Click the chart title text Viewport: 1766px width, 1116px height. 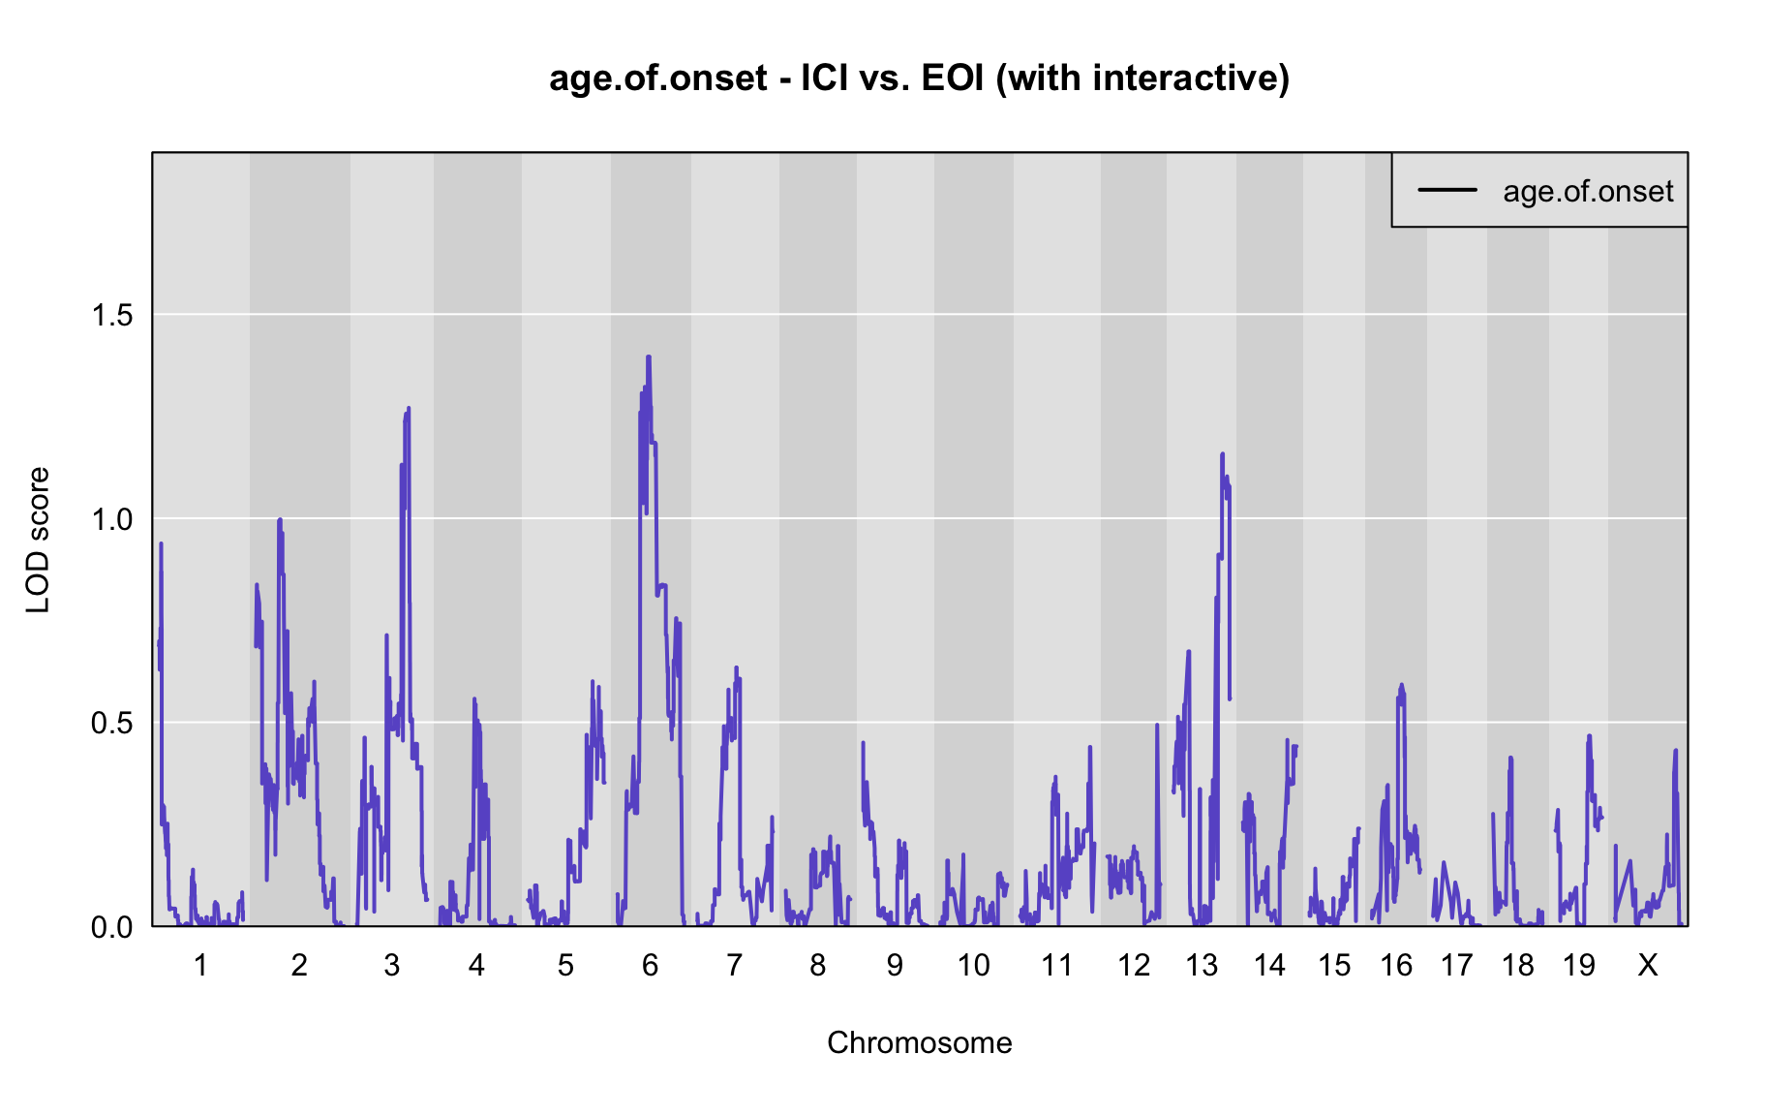coord(919,77)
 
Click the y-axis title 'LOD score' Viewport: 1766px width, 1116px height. coord(38,540)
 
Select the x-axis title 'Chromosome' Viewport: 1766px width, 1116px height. coord(919,1042)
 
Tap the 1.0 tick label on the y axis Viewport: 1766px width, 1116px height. coord(111,519)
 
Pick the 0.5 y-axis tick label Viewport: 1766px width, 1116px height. coord(111,723)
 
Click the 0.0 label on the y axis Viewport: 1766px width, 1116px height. coord(111,927)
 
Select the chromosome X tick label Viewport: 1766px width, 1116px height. coord(1647,965)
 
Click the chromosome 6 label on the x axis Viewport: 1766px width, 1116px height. coord(650,965)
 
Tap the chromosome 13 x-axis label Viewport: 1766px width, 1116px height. coord(1202,965)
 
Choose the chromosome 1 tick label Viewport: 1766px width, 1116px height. coord(200,965)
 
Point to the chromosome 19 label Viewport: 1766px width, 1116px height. coord(1578,965)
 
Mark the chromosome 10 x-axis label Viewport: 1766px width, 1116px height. coord(973,965)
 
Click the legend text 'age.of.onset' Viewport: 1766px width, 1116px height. coord(1588,192)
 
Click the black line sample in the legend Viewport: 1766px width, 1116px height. coord(1447,190)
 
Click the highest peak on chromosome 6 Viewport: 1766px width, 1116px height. coord(649,357)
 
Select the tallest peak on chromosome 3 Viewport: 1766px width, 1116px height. coord(409,409)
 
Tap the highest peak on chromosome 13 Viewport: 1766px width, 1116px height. coord(1222,453)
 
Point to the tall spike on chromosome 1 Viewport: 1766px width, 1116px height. coord(161,543)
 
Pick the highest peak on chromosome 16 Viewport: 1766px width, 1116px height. coord(1400,685)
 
